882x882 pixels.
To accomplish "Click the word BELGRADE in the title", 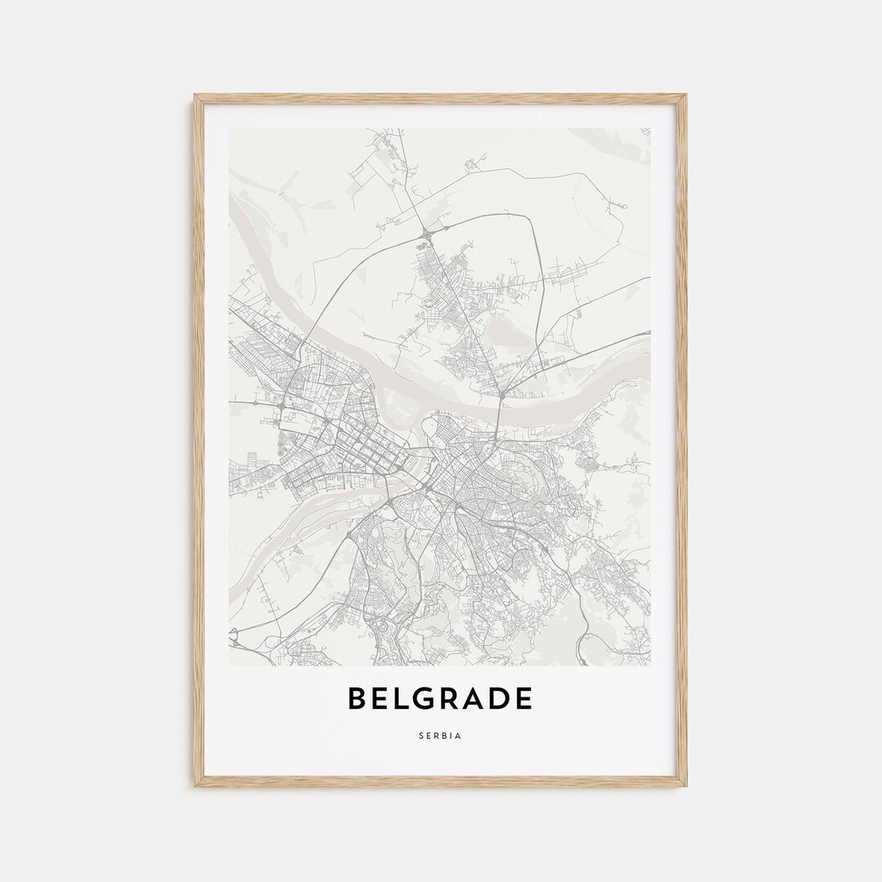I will (x=440, y=699).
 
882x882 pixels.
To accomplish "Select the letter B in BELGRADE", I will (x=357, y=699).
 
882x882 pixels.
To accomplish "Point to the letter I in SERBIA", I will (x=452, y=736).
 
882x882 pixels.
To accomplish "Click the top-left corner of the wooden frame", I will (x=195, y=96).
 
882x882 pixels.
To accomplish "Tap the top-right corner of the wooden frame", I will (x=686, y=96).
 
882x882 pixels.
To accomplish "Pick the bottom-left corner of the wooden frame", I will (x=195, y=786).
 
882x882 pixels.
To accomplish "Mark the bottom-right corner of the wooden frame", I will (x=686, y=786).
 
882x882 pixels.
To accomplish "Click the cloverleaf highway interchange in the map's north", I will (x=425, y=237).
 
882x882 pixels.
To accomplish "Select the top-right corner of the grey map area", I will (x=650, y=128).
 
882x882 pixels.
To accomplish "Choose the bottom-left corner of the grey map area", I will (x=229, y=665).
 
